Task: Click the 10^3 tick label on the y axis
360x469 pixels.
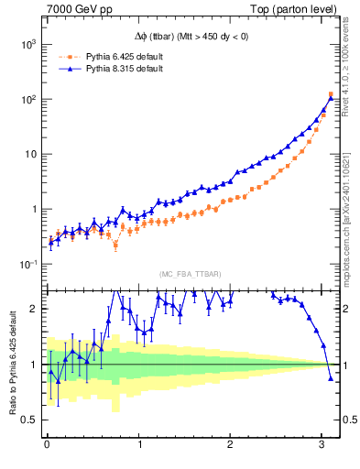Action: [27, 44]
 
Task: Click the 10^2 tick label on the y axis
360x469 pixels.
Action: [27, 99]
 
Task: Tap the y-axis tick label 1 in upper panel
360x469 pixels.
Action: [32, 209]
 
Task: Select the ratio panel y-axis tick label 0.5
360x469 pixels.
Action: [28, 420]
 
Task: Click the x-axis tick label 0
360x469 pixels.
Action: [47, 445]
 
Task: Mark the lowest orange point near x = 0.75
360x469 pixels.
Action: [115, 245]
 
